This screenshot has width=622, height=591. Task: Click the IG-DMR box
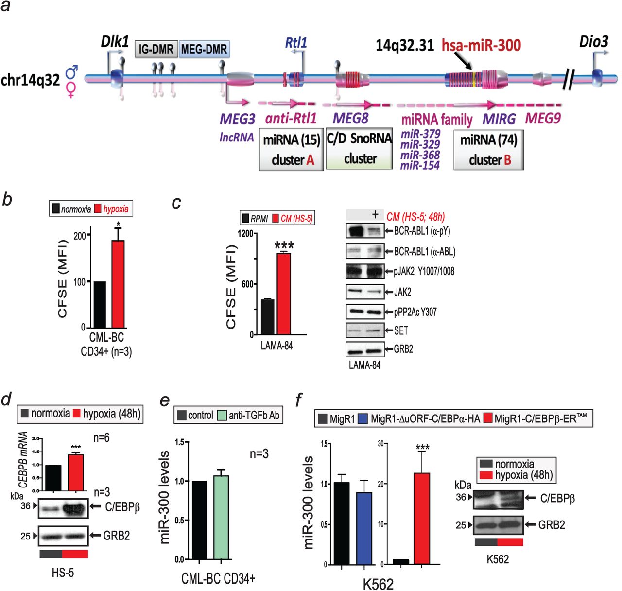tap(156, 49)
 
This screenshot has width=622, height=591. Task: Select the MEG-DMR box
tap(204, 49)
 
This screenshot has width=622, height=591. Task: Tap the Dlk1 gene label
tap(115, 42)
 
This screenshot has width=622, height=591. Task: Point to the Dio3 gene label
tap(593, 42)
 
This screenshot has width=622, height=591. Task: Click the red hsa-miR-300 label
tap(481, 46)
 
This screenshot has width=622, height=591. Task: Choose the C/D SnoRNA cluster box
tap(359, 149)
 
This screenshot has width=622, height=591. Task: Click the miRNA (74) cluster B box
tap(488, 150)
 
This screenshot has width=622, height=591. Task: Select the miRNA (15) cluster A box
tap(292, 150)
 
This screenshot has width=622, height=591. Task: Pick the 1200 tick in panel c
tap(245, 234)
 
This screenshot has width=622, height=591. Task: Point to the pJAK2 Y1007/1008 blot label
tap(424, 271)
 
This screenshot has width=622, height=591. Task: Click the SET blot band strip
tap(365, 330)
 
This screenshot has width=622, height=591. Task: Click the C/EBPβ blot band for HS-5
tap(63, 508)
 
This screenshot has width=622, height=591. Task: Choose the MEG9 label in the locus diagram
tap(543, 118)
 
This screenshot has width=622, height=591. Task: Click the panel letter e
tap(165, 400)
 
